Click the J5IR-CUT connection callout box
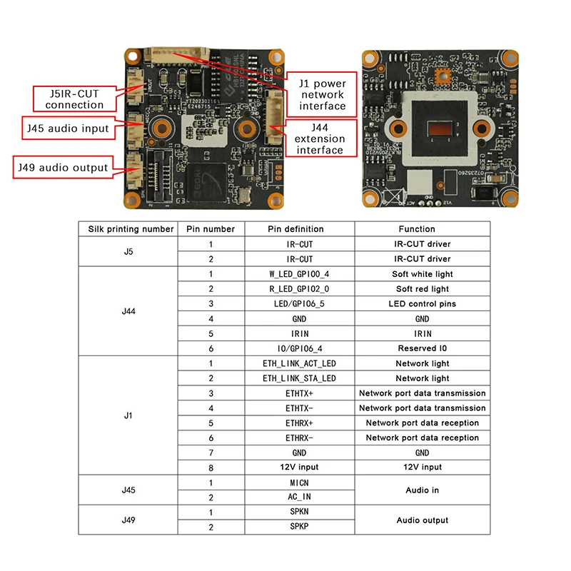(x=74, y=98)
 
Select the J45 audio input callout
(x=68, y=128)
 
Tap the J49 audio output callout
(x=64, y=168)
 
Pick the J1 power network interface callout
(x=323, y=94)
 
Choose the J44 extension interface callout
(x=320, y=138)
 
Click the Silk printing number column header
(x=131, y=229)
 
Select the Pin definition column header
(x=299, y=229)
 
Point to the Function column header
(x=422, y=229)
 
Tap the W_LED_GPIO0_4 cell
(x=299, y=274)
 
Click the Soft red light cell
(x=422, y=289)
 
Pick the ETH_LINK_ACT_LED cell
(x=299, y=363)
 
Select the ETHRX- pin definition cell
(x=299, y=438)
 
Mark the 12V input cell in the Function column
(x=422, y=467)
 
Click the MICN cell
(x=299, y=482)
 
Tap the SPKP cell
(x=299, y=527)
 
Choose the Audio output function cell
(x=422, y=520)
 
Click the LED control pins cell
(x=422, y=304)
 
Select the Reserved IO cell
(x=422, y=348)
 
